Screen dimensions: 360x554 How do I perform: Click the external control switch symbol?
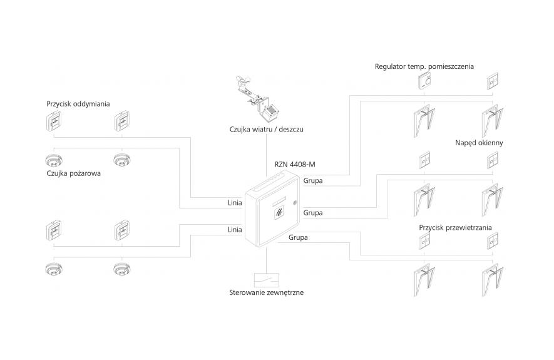click(267, 279)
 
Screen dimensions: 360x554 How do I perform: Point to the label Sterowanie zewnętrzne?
click(267, 292)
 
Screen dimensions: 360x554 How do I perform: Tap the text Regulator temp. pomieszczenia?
click(424, 66)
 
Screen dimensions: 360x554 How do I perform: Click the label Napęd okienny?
click(479, 143)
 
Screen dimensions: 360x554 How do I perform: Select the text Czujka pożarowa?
click(73, 174)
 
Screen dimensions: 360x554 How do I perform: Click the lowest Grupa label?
click(298, 237)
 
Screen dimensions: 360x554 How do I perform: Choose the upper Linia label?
click(234, 203)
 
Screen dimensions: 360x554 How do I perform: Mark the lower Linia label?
click(234, 230)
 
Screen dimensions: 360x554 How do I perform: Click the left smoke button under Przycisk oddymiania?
click(54, 123)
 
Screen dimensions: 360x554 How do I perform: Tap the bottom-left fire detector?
click(54, 269)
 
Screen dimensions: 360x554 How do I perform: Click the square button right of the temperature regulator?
click(493, 82)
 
